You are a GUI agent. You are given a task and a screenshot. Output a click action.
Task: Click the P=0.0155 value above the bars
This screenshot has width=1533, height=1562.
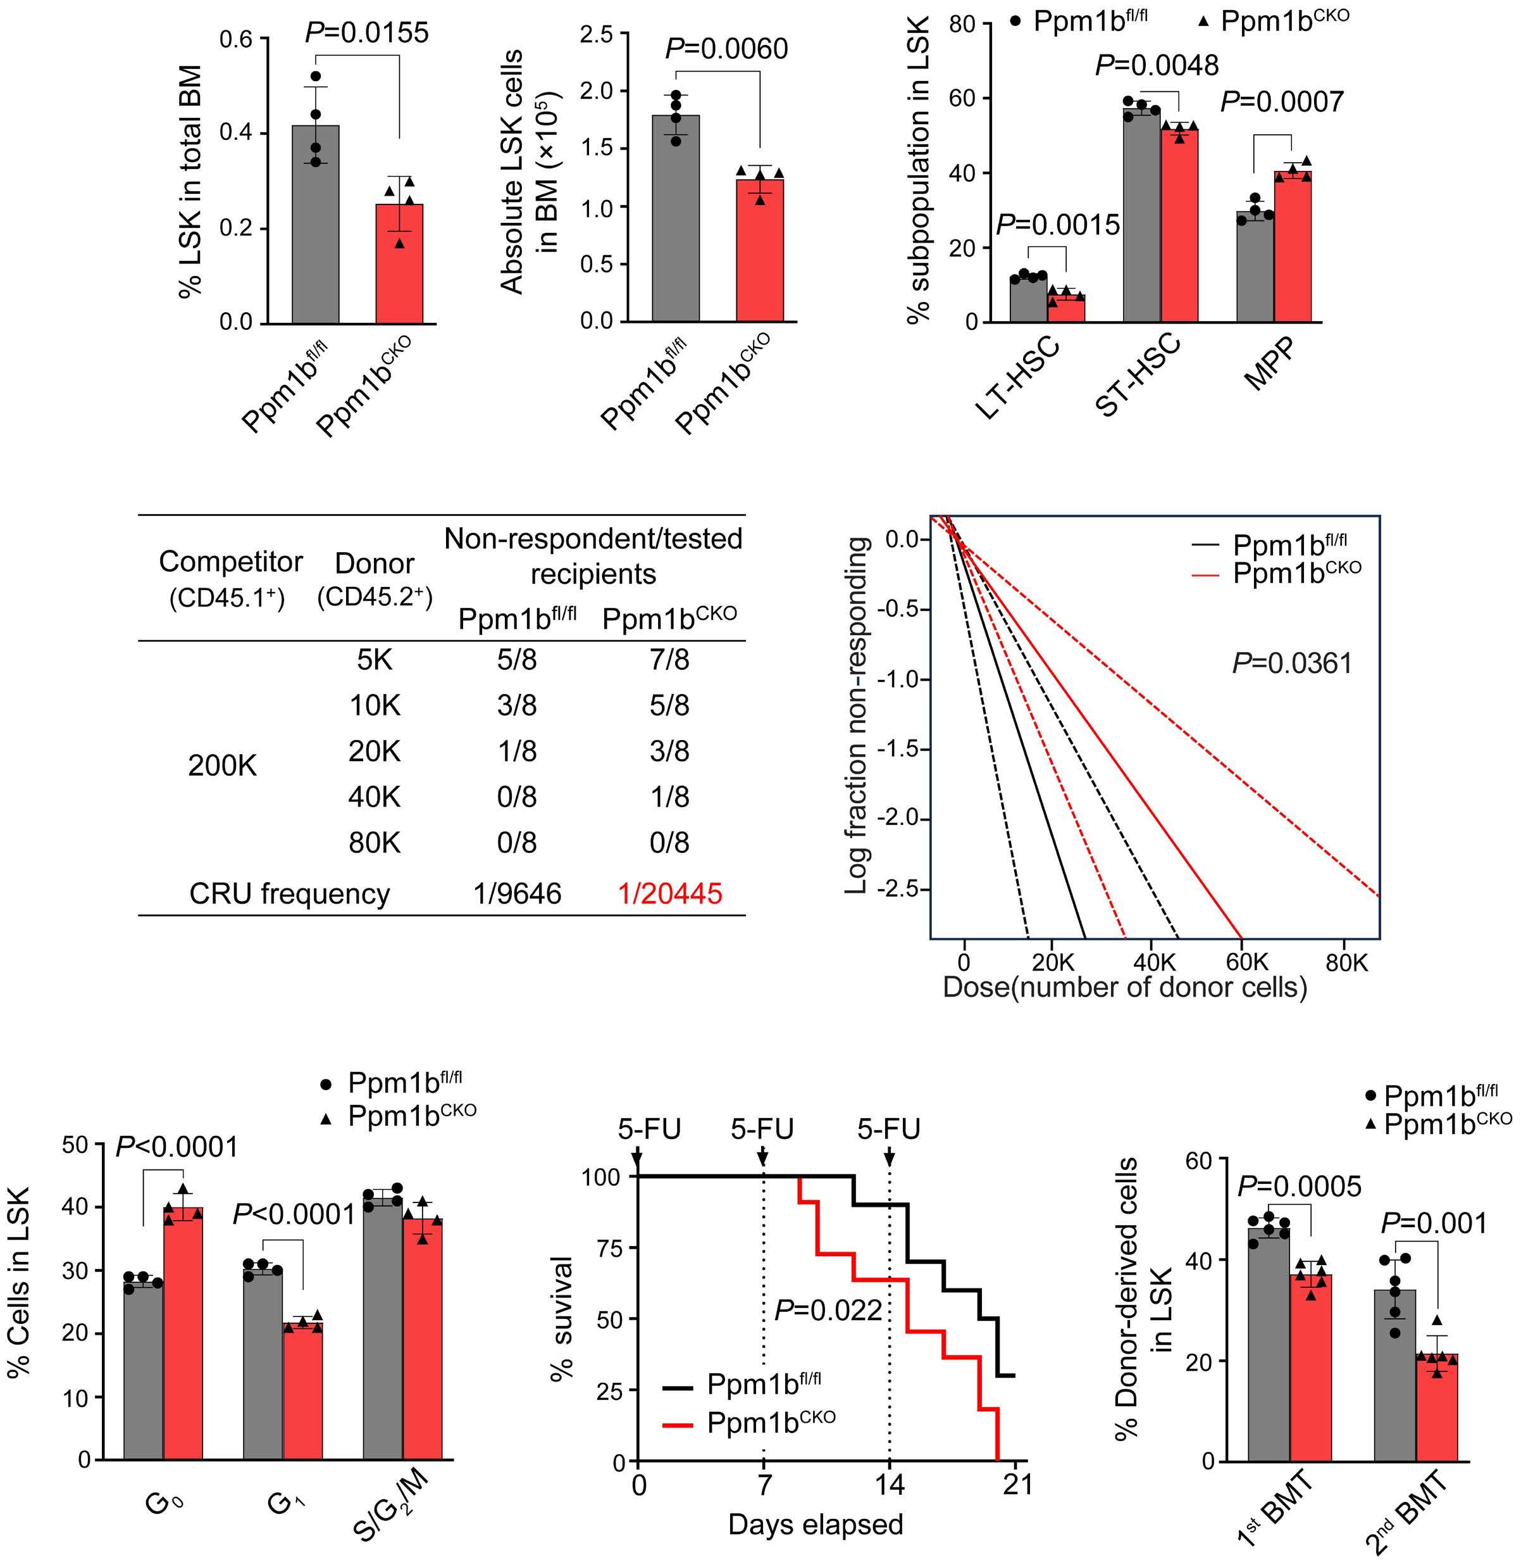pos(366,32)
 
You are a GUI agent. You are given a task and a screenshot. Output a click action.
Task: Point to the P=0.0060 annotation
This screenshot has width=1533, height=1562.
pos(726,49)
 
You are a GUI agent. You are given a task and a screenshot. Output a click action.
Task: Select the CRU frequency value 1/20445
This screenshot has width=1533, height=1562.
pos(670,893)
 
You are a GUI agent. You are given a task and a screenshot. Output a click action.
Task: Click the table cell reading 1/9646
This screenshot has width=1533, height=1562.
pos(518,893)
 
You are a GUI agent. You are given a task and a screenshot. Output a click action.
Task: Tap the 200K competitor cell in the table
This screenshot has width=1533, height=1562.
pos(222,766)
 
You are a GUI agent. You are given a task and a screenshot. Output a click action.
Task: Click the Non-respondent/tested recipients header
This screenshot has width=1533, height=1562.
pos(593,556)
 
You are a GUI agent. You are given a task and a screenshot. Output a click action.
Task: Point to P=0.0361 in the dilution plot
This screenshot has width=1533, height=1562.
pos(1291,664)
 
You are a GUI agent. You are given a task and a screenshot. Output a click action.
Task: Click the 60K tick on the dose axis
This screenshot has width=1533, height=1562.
pos(1246,962)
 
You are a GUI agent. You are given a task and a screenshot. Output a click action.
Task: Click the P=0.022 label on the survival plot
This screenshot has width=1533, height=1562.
pos(828,1311)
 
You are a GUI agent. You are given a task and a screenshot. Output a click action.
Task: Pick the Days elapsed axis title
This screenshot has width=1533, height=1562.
pos(815,1525)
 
